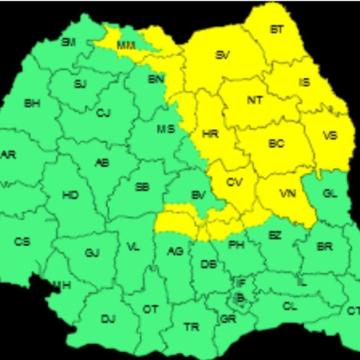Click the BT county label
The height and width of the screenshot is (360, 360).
click(x=276, y=30)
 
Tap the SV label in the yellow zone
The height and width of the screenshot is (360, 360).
click(x=222, y=55)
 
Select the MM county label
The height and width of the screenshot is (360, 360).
click(x=126, y=45)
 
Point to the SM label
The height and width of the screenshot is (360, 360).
click(x=68, y=42)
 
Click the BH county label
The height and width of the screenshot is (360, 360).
click(x=32, y=104)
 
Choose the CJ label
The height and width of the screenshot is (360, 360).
click(x=104, y=112)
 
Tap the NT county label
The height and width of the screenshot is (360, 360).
click(x=254, y=101)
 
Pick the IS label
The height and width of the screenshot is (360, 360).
click(x=305, y=83)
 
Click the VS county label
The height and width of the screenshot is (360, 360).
click(x=330, y=135)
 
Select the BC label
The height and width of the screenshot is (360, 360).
click(x=276, y=144)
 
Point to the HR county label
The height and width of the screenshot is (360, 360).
click(x=210, y=135)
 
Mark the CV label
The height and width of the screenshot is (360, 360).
click(x=235, y=182)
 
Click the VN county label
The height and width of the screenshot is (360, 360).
click(x=287, y=194)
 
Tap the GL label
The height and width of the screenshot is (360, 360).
click(x=330, y=194)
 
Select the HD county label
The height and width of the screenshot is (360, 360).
click(x=71, y=195)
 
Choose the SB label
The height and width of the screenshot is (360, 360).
click(x=143, y=188)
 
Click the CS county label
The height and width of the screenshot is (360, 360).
click(x=22, y=241)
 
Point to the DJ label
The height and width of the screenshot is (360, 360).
click(x=108, y=318)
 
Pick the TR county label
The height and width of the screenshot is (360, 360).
click(x=191, y=327)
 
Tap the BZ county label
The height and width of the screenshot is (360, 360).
click(x=275, y=235)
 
